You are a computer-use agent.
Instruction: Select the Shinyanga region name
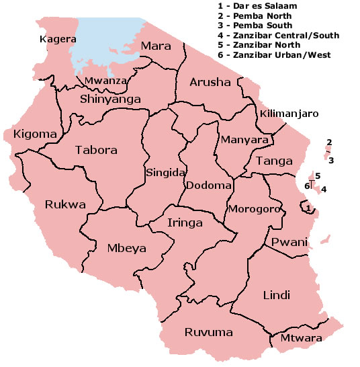click(110, 99)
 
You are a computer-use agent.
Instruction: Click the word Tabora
click(96, 150)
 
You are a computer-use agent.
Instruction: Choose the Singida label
click(165, 173)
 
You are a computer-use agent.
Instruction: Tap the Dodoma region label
click(209, 185)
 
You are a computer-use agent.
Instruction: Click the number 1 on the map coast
click(308, 208)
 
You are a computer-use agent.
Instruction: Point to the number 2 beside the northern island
click(328, 142)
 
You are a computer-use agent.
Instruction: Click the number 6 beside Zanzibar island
click(306, 186)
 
